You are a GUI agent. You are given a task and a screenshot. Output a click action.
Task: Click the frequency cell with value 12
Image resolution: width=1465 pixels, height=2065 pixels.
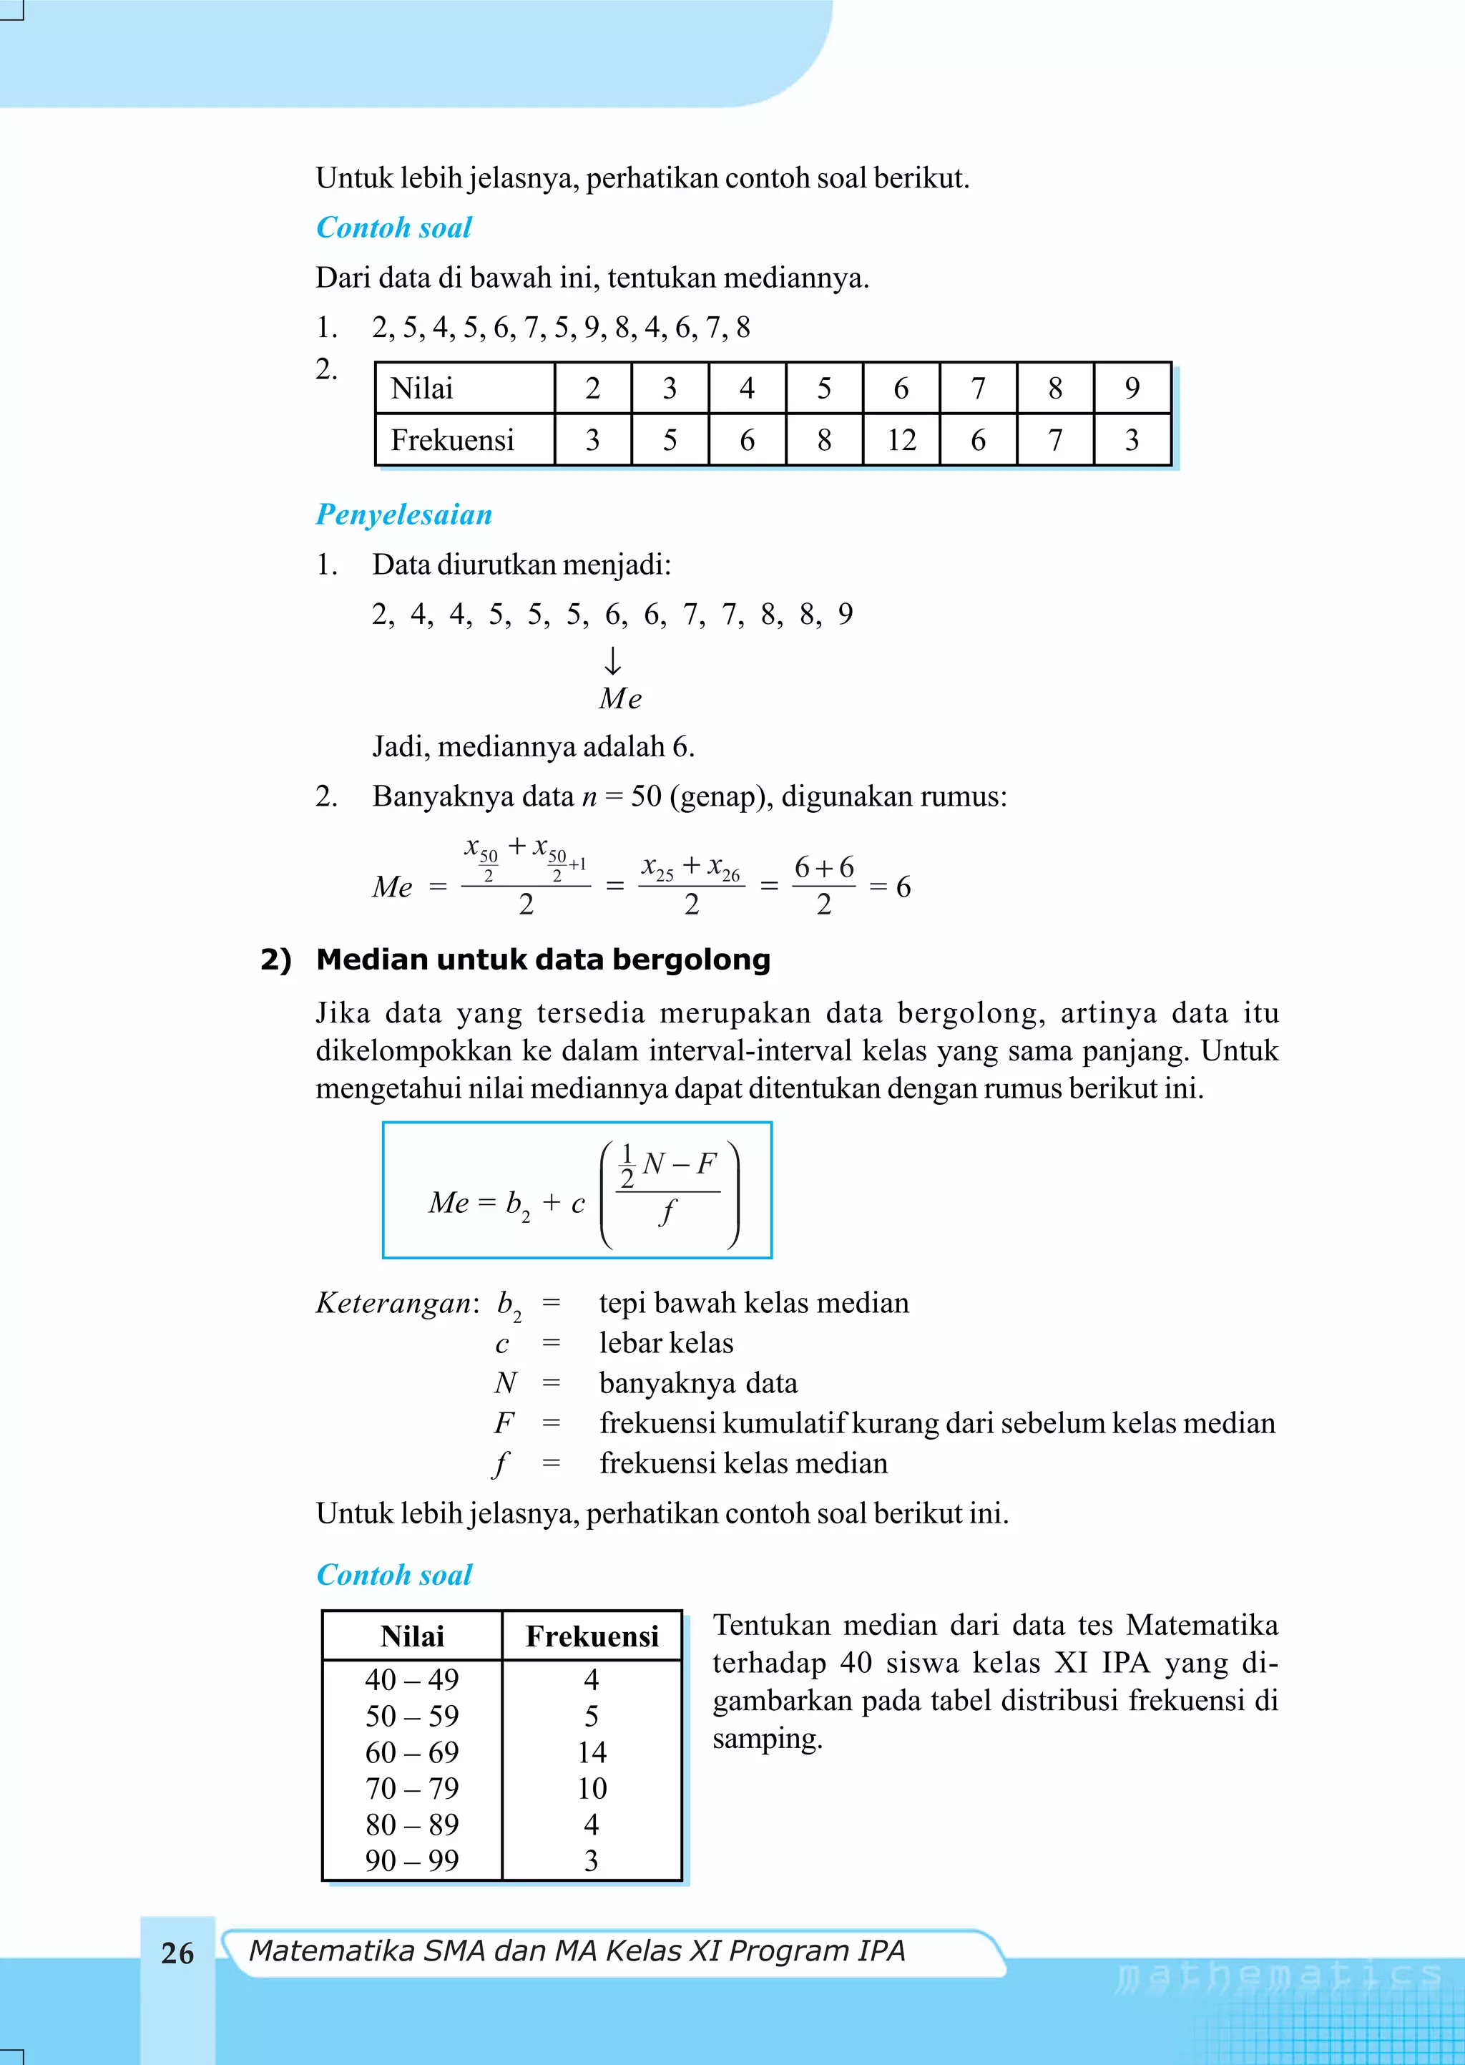click(901, 440)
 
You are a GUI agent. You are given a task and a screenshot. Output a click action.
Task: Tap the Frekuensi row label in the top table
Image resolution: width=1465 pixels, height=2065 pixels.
click(452, 440)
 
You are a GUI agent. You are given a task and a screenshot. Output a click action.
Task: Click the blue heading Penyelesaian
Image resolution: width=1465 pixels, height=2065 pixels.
click(403, 514)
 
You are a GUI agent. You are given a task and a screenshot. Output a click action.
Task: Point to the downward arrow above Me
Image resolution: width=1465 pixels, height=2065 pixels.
click(612, 661)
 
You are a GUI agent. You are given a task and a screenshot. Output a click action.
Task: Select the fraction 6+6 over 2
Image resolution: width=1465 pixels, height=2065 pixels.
click(823, 885)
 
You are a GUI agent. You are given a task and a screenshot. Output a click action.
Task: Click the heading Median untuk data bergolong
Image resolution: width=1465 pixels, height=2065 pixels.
click(543, 959)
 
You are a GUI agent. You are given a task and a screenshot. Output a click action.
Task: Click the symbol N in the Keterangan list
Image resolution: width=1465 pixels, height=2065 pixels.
click(505, 1383)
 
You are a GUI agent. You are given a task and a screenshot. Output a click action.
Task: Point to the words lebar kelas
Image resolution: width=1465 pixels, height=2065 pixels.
click(666, 1343)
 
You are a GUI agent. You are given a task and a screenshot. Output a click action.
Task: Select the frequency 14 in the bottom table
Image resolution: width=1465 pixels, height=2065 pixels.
click(592, 1752)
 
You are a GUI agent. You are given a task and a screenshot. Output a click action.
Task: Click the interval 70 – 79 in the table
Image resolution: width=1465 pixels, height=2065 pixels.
click(411, 1788)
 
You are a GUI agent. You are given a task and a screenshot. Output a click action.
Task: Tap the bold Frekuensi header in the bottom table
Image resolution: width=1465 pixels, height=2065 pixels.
click(592, 1636)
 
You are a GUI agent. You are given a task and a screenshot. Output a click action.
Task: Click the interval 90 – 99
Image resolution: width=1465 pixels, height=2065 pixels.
click(411, 1860)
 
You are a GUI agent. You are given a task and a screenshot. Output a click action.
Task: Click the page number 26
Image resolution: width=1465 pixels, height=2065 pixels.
click(177, 1953)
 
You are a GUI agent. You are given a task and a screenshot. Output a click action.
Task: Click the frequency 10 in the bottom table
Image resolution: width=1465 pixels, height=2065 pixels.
click(592, 1788)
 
